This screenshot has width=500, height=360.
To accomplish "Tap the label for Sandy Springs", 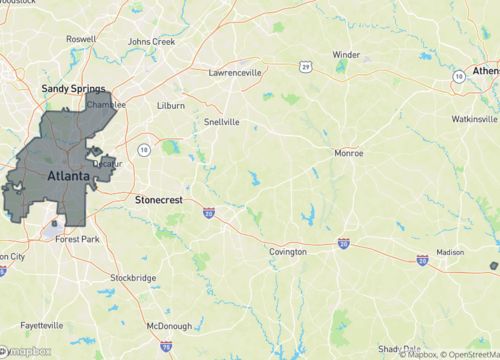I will coord(73,89).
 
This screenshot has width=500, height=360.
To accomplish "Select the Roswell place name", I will coord(81,39).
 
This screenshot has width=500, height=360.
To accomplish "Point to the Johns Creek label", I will coord(152,41).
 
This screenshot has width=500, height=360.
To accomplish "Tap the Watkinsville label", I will coord(474,118).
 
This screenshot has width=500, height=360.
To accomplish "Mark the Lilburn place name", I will coord(172,104).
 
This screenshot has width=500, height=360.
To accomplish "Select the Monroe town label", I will coord(348,154).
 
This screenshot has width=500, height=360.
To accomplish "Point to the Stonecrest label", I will coord(158,200).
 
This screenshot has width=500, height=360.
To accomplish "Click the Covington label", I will coord(288,252).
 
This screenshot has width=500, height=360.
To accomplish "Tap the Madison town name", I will coord(450,253).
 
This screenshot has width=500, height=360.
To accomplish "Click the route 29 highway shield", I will coord(303,66).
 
